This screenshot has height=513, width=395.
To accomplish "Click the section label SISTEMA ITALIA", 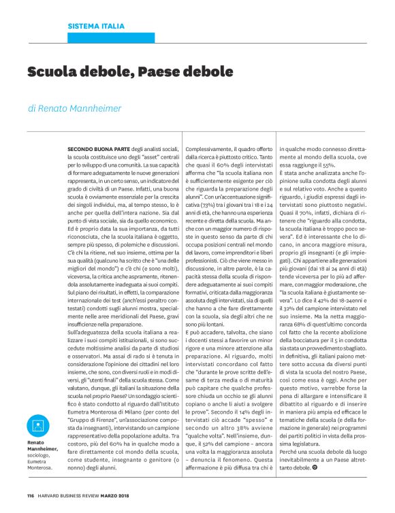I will (96, 27).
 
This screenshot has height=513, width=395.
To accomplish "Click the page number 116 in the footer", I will (31, 495).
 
